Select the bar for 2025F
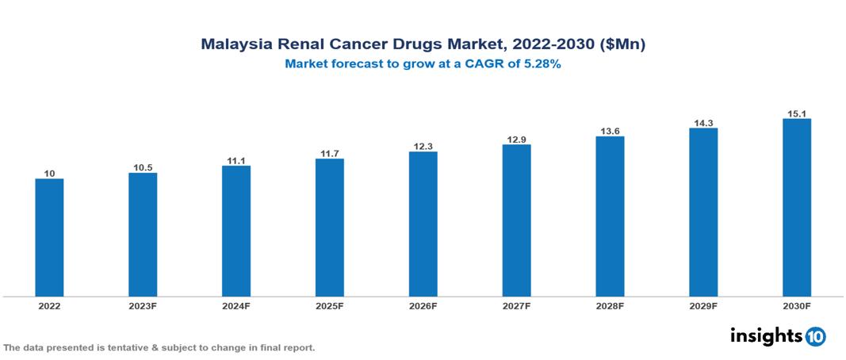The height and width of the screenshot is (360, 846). (x=329, y=228)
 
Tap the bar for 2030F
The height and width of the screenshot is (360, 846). (x=796, y=208)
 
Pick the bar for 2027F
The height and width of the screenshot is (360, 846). (x=516, y=220)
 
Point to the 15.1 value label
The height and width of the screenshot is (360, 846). (x=796, y=113)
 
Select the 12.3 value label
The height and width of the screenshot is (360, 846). (x=423, y=145)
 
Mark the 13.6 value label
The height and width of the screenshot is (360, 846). (x=610, y=130)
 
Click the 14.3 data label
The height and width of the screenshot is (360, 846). (x=703, y=121)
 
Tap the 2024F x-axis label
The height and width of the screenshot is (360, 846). (x=236, y=306)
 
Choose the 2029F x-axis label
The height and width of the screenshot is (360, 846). (x=703, y=306)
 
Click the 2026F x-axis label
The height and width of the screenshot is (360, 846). (x=423, y=306)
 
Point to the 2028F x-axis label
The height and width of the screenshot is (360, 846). (x=610, y=306)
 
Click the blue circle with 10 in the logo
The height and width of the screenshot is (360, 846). (x=815, y=336)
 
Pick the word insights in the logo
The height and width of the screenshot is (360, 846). (x=766, y=335)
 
